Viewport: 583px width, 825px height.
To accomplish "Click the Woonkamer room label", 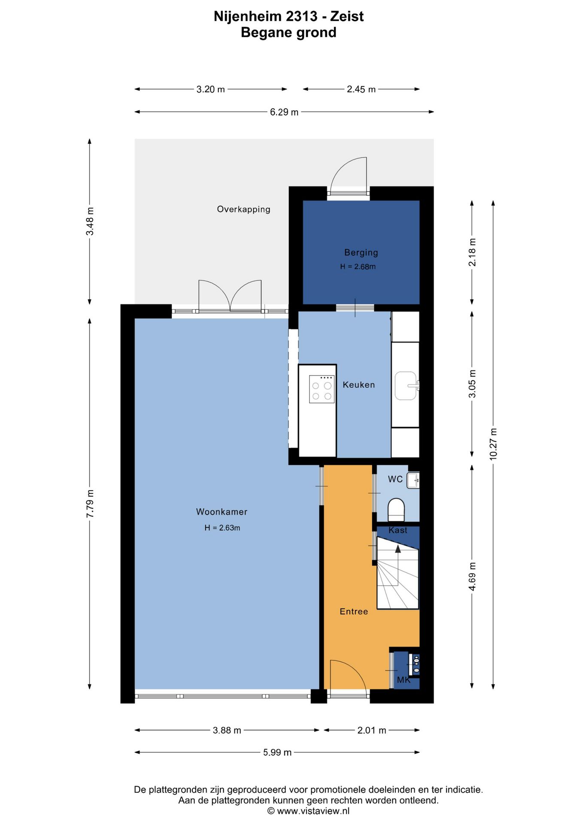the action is coord(222,512).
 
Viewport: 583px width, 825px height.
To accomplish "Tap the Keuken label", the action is coord(358,385).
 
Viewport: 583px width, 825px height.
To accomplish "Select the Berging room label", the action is coord(361,253).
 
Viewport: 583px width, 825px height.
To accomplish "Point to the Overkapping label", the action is coord(243,209).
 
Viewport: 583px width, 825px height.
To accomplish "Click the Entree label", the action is coord(354,611).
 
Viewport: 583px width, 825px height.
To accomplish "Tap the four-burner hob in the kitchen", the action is coord(322,389).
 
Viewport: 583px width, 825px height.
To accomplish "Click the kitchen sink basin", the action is coord(406,385).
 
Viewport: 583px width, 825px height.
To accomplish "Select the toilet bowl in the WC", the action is coord(396,510).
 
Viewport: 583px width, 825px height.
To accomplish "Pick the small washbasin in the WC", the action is coord(413,480).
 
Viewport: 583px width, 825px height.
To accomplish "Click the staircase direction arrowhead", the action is coord(398,549).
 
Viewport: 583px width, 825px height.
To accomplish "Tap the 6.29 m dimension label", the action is coord(284,112).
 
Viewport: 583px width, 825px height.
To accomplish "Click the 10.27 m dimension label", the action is coord(493,444).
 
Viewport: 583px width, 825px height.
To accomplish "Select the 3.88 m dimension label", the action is coord(227,730).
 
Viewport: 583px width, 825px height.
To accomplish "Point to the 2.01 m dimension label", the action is coord(372,730).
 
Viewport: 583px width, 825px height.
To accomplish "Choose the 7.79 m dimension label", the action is coord(90,504).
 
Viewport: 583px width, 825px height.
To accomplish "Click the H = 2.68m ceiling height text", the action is coord(358,266).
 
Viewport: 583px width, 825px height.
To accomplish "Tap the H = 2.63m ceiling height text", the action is coord(222,528).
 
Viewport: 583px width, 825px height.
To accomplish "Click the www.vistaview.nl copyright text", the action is coord(308,811).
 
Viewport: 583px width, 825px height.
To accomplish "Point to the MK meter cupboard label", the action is coord(404,680).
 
